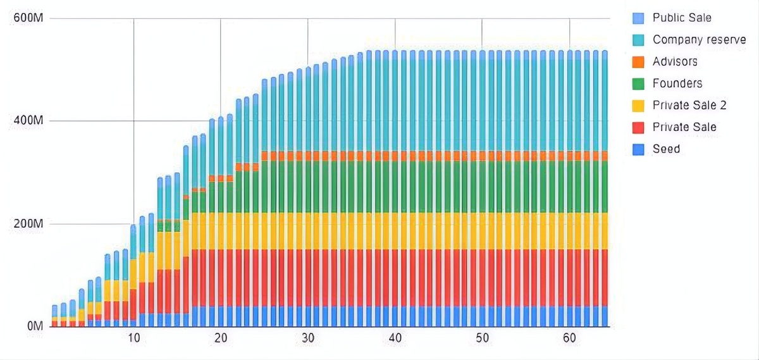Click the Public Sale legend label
coord(682,18)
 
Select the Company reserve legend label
coord(699,40)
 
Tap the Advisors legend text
coord(675,61)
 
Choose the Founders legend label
coord(677,84)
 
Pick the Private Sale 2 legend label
coord(689,105)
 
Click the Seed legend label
coord(666,149)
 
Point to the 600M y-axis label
coord(28,18)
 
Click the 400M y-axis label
coord(28,121)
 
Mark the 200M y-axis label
coord(28,224)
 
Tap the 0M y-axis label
coord(33,326)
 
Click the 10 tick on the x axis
coord(133,338)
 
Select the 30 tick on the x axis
coord(308,338)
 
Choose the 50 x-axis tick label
coord(482,338)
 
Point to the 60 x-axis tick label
coord(569,338)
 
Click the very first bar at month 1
coord(55,316)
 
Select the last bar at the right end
coord(604,190)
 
